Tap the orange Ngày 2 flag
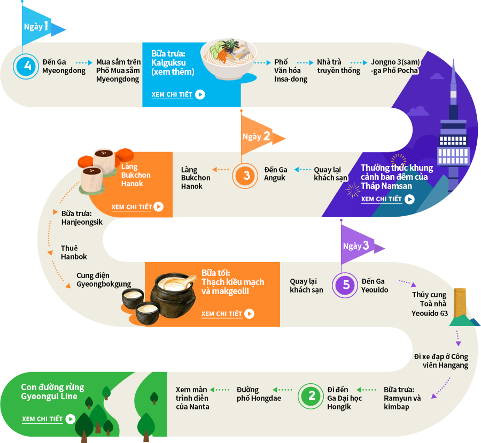pos(258,136)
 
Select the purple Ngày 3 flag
pos(358,245)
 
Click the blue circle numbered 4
pos(26,66)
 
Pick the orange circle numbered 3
pos(245,176)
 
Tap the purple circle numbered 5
pos(345,285)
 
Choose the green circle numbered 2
pos(311,396)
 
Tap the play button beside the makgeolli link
pos(250,314)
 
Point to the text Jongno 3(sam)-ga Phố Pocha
pos(395,66)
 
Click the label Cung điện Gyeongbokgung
pos(104,280)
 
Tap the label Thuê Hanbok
pos(74,252)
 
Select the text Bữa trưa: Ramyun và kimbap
pos(402,398)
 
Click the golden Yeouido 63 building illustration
pos(460,303)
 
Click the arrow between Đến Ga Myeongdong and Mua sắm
pos(84,62)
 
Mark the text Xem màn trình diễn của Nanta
pos(192,398)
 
